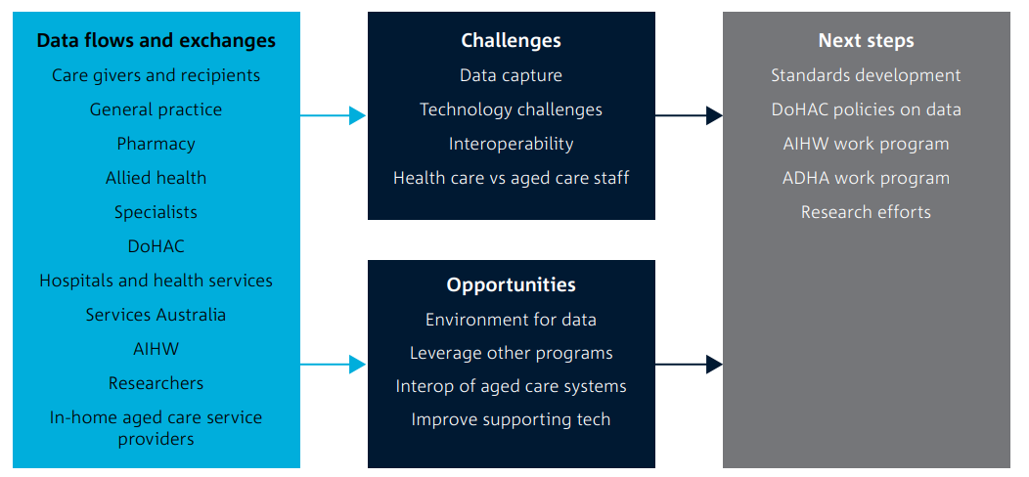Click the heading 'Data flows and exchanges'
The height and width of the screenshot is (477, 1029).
point(156,41)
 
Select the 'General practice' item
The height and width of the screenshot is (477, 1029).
point(156,109)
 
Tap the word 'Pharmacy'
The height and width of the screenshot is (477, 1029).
point(156,144)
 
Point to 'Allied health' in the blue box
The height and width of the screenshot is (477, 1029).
point(156,178)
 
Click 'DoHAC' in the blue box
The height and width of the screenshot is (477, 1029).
point(156,246)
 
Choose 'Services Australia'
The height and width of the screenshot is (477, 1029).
point(156,315)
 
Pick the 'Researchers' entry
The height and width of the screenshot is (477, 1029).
point(156,383)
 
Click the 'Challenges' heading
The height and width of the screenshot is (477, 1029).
point(511,41)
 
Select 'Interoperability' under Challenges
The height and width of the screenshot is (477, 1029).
point(511,144)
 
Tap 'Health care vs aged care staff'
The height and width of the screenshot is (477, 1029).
point(511,178)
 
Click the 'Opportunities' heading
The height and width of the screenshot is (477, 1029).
point(511,285)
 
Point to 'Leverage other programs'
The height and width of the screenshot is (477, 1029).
point(511,353)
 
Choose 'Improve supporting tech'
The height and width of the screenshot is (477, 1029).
point(511,419)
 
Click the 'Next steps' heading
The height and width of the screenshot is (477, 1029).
point(866,41)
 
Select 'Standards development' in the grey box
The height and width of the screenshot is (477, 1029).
point(866,75)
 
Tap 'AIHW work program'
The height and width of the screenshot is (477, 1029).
point(866,144)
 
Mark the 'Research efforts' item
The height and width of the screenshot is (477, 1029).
point(866,212)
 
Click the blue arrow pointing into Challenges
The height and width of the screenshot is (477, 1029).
point(334,115)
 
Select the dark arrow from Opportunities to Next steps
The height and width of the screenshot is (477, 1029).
point(689,365)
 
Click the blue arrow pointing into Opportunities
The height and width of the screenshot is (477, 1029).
point(334,365)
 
